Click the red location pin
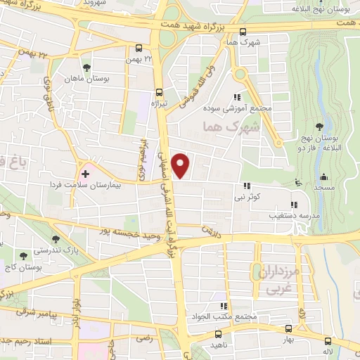(182, 165)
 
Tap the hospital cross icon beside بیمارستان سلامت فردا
(86, 172)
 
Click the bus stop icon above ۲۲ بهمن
(139, 49)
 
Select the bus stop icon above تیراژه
(160, 91)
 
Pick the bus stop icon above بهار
(288, 328)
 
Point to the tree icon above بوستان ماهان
(86, 68)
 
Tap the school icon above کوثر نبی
(246, 186)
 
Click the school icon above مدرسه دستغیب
(293, 205)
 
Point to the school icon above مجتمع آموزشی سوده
(238, 97)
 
